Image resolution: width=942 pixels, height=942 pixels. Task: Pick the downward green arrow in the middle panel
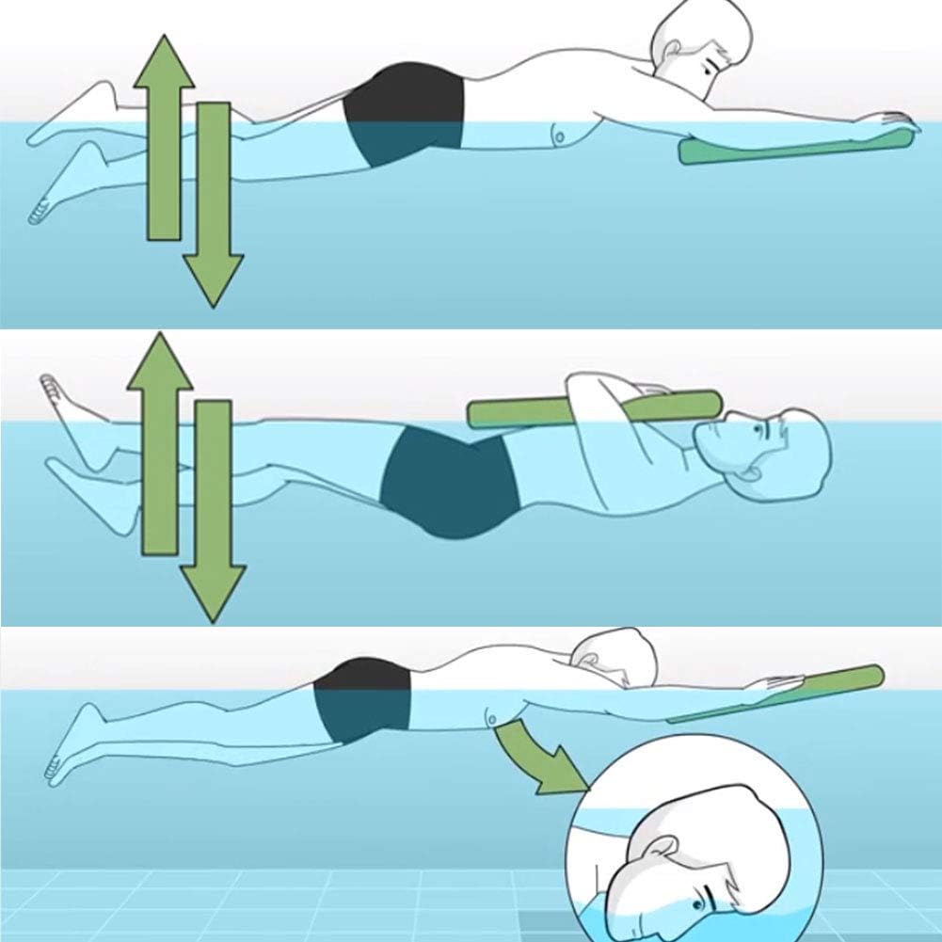[x=213, y=513]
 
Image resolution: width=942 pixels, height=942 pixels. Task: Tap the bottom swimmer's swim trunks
[x=362, y=696]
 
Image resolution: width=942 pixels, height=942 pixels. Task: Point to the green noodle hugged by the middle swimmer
[x=593, y=408]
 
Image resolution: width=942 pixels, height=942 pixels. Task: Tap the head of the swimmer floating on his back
[x=767, y=452]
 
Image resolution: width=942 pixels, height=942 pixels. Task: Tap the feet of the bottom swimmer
[x=66, y=753]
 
